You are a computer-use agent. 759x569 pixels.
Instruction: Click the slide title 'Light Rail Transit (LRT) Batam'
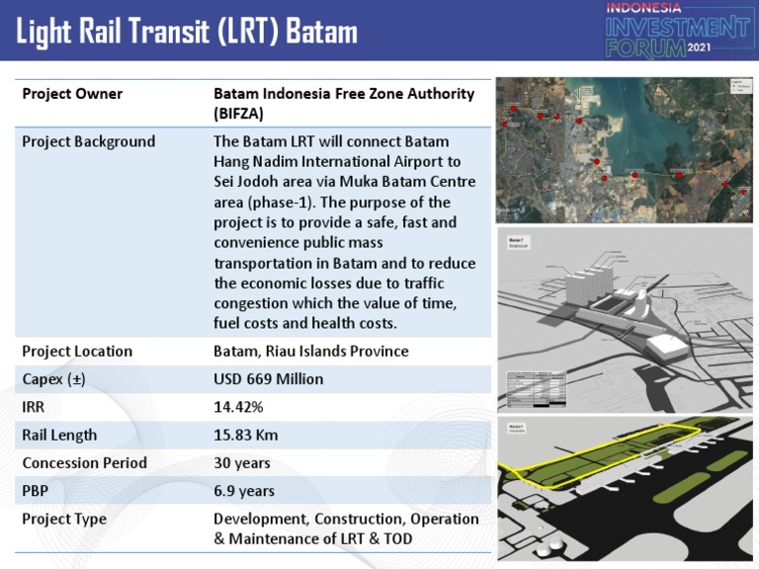(x=187, y=32)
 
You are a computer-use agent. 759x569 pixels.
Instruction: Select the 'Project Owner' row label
(x=72, y=94)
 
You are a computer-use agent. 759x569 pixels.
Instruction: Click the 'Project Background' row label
(x=89, y=141)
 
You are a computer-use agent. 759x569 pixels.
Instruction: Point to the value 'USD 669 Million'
(x=268, y=379)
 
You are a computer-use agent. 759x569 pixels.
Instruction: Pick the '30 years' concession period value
(x=242, y=462)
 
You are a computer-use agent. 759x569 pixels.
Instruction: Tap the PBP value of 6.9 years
(x=244, y=490)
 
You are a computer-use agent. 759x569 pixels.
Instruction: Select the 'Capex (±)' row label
(x=54, y=379)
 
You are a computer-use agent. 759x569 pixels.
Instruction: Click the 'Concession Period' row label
(x=84, y=462)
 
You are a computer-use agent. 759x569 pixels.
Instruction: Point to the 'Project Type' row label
(x=64, y=519)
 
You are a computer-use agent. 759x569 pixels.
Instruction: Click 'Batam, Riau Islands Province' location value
(x=310, y=352)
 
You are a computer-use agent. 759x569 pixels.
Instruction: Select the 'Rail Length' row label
(x=59, y=435)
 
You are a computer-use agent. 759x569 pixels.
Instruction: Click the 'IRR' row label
(x=34, y=407)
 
